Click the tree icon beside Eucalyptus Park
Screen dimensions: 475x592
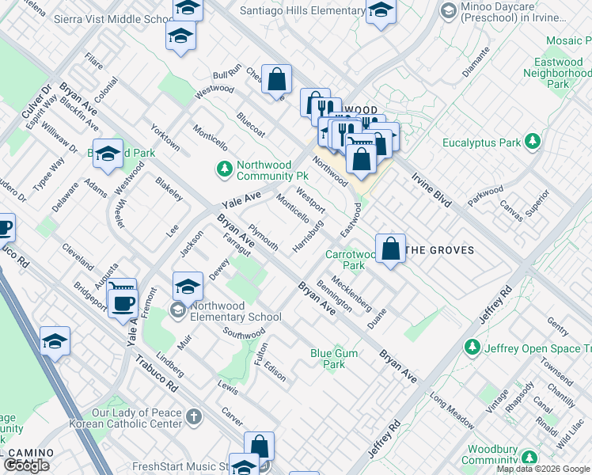(534, 142)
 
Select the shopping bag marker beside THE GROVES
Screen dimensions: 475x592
(390, 249)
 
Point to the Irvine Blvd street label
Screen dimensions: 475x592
(431, 190)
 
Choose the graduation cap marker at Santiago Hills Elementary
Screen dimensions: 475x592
(381, 11)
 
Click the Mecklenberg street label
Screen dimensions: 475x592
(352, 292)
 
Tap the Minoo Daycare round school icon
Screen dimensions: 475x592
(449, 11)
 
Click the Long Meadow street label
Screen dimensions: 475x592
(452, 407)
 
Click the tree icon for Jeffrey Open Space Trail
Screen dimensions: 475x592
(472, 347)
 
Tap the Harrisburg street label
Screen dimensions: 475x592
(308, 236)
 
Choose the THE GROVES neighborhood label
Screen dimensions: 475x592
(440, 250)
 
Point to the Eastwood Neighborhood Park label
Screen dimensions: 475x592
(559, 73)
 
